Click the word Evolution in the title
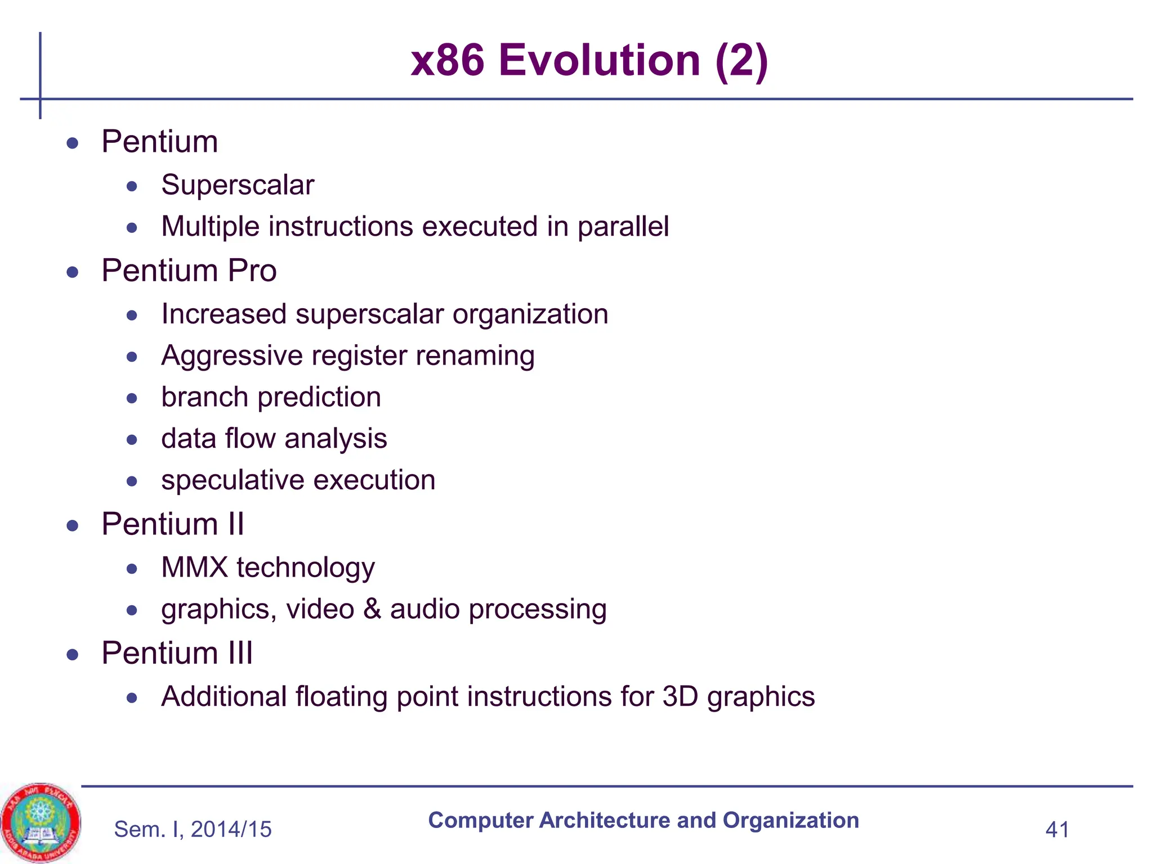[599, 60]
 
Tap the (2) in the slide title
[741, 60]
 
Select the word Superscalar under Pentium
[238, 185]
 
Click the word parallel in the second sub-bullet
[623, 227]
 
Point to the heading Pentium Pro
[189, 271]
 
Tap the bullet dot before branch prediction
[132, 398]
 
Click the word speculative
[232, 481]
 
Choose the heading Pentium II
[172, 524]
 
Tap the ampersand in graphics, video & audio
[372, 609]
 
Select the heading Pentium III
[177, 653]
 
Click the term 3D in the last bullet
[680, 696]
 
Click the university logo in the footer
[40, 822]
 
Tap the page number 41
[1057, 830]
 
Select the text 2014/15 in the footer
[231, 830]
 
